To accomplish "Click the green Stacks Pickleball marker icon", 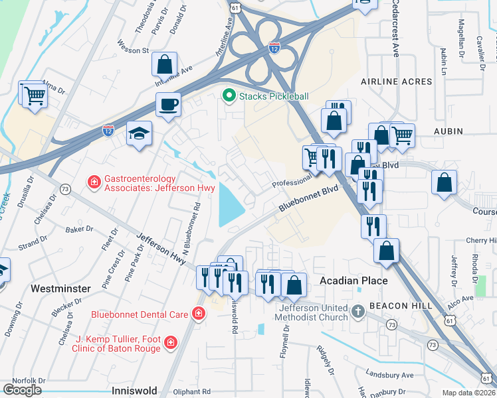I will (x=229, y=96).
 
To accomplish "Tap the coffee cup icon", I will (x=168, y=104).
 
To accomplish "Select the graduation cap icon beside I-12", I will (x=140, y=133).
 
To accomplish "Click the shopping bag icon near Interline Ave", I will (x=164, y=65).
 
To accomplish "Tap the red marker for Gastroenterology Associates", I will (x=94, y=181).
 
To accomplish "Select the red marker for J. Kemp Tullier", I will (x=170, y=342).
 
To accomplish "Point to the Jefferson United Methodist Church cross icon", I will (x=357, y=311).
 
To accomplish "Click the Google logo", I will (x=22, y=389).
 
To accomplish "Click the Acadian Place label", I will (x=353, y=281).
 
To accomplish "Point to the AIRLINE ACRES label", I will (x=396, y=82).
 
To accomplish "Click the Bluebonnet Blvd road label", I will (x=308, y=198).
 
